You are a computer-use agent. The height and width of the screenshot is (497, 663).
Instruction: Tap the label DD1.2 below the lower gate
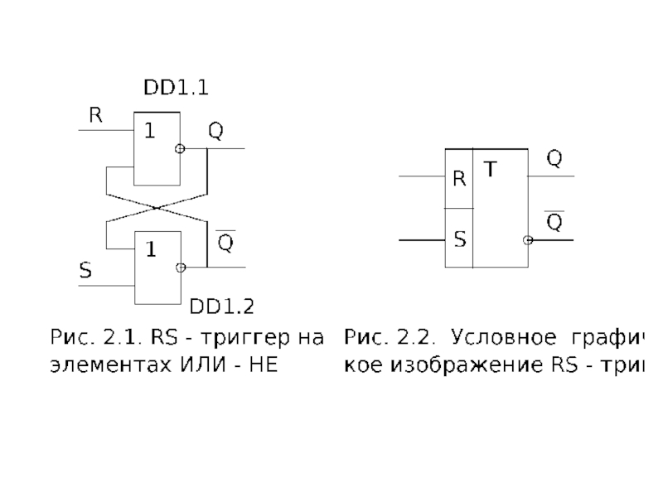coord(221,308)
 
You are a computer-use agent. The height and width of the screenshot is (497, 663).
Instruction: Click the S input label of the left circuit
coord(85,270)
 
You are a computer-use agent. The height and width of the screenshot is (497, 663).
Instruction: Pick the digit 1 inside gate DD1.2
coord(151,249)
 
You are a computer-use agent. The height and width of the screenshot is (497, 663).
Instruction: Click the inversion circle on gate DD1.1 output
coord(179,149)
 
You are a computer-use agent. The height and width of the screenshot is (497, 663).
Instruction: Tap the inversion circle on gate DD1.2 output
coord(181,268)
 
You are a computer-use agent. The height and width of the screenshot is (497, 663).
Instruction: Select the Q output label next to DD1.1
coord(215,132)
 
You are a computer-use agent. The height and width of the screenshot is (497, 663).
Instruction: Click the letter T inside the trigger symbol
coord(491,170)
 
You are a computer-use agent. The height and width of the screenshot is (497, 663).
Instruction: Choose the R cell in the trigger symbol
coord(458,178)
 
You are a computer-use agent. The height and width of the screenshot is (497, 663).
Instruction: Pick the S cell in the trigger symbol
coord(458,240)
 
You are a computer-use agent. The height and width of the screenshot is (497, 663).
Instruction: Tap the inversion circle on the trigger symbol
coord(527,240)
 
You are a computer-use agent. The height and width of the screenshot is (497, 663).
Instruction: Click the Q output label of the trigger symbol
coord(554,158)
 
